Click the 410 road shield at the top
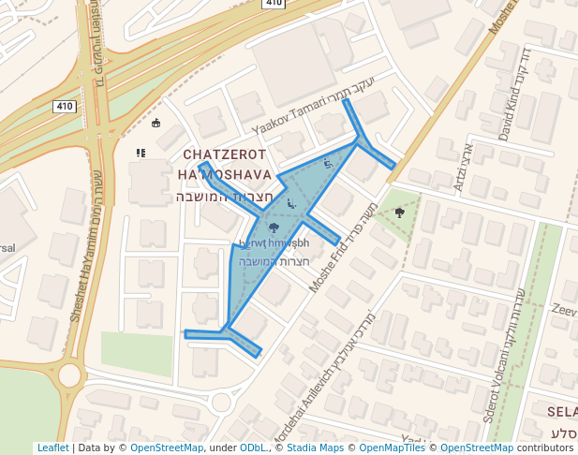tap(274, 4)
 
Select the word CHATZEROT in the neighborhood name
tap(225, 154)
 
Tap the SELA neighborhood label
tap(561, 412)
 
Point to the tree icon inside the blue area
tap(274, 227)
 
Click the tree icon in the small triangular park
tap(400, 213)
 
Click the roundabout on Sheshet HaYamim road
tap(69, 375)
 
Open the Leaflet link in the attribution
tap(52, 448)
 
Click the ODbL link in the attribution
tap(253, 448)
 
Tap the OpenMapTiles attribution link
tap(393, 448)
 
